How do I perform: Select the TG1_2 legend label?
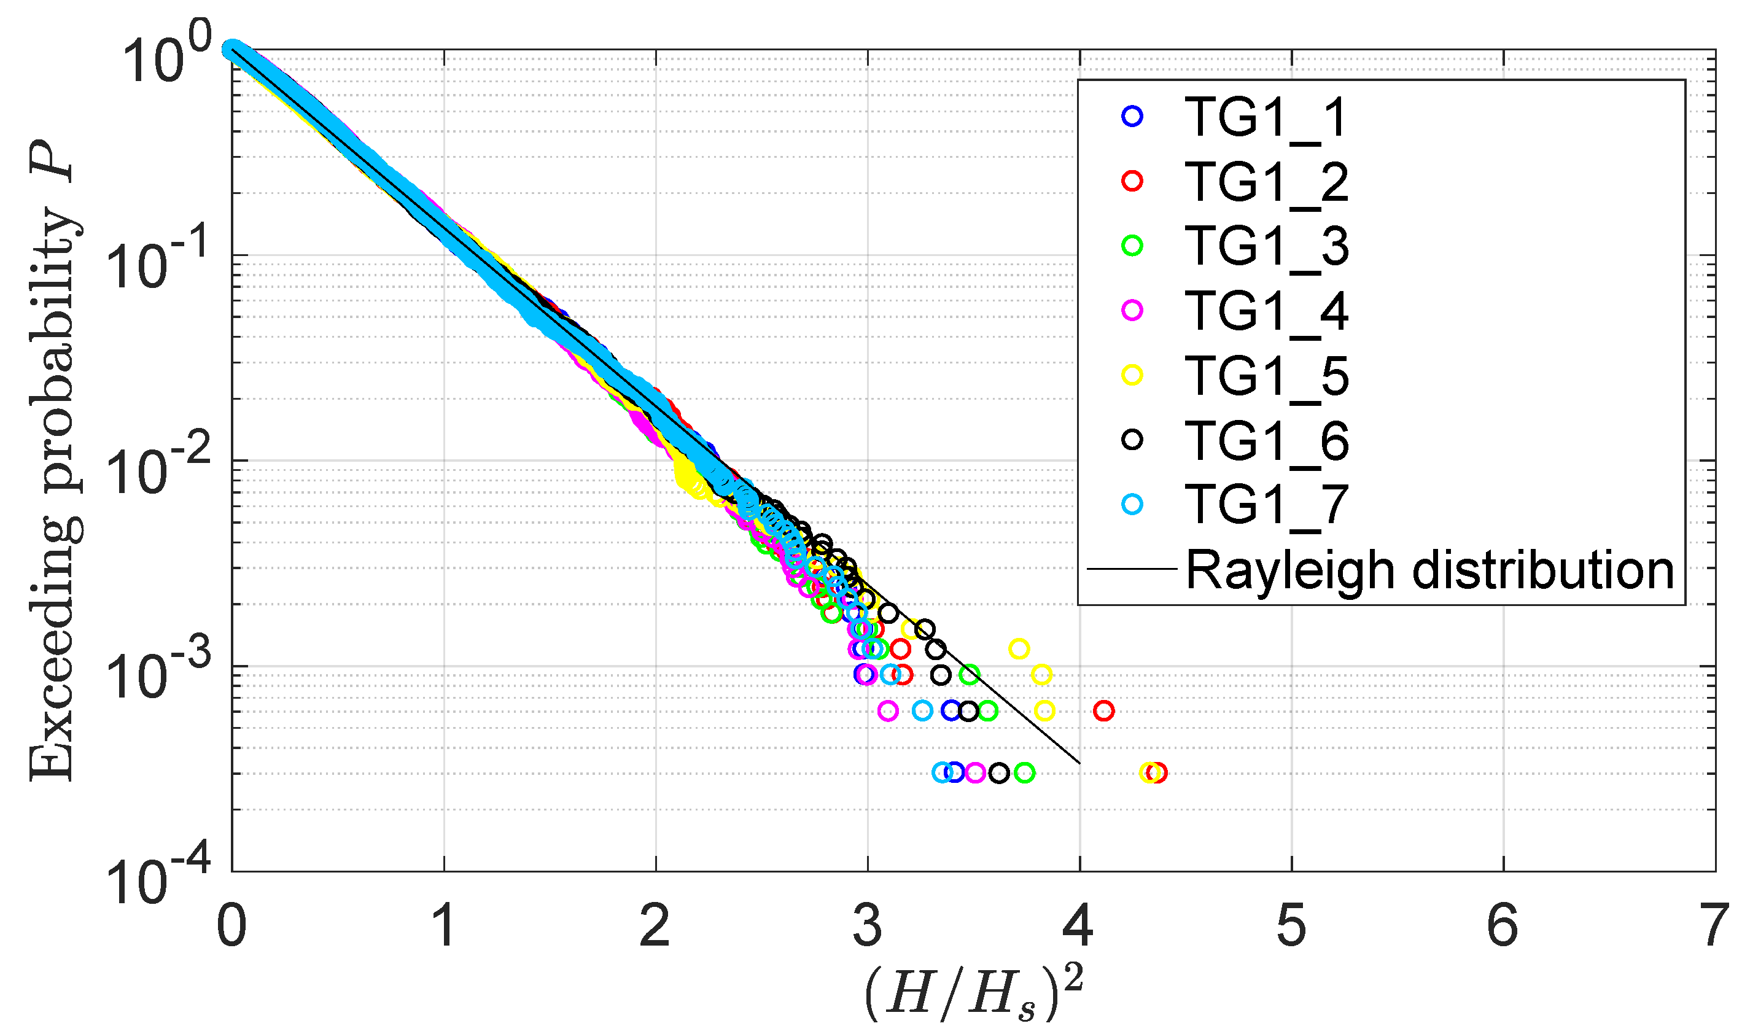tap(1265, 182)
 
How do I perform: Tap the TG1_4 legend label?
tap(1265, 311)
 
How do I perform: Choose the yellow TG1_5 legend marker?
tap(1132, 375)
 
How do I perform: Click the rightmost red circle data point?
tap(1156, 772)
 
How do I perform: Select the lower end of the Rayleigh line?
tap(1079, 763)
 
